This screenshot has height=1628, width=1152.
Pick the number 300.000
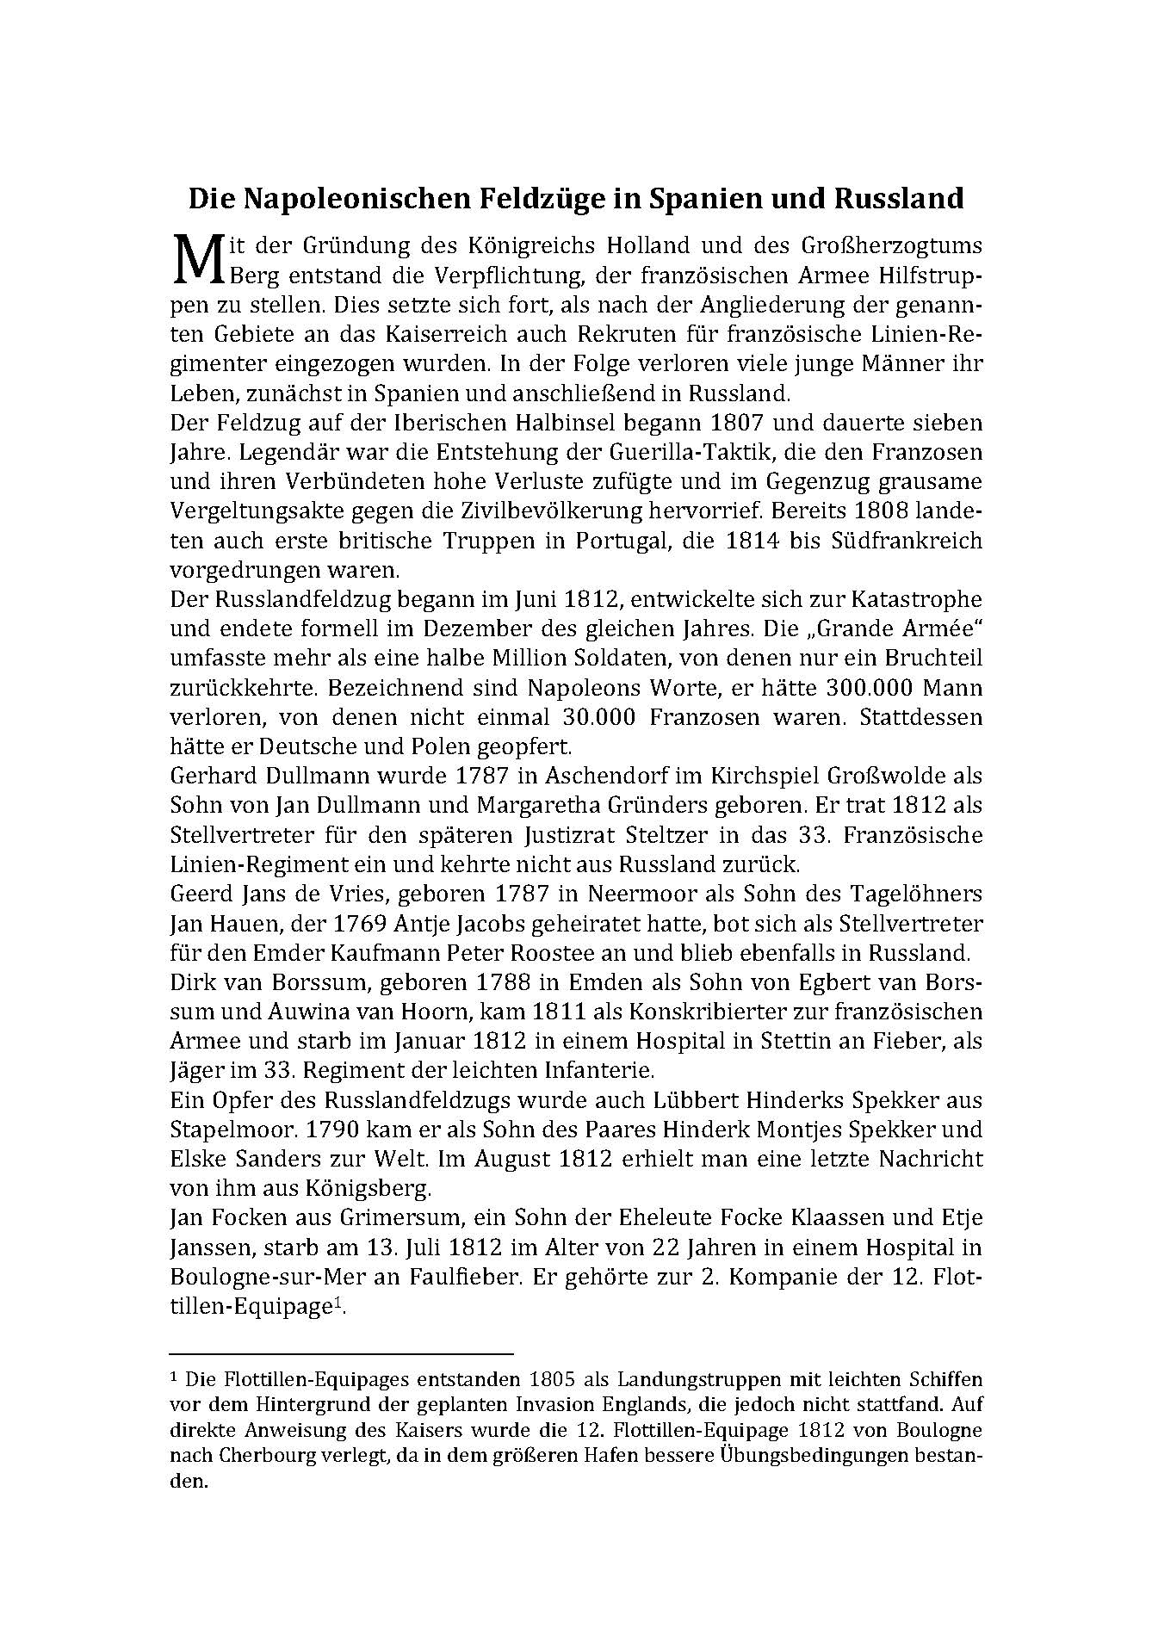870,689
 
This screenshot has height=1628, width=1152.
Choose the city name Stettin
796,1042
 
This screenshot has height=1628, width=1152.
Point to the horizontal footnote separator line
342,1354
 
